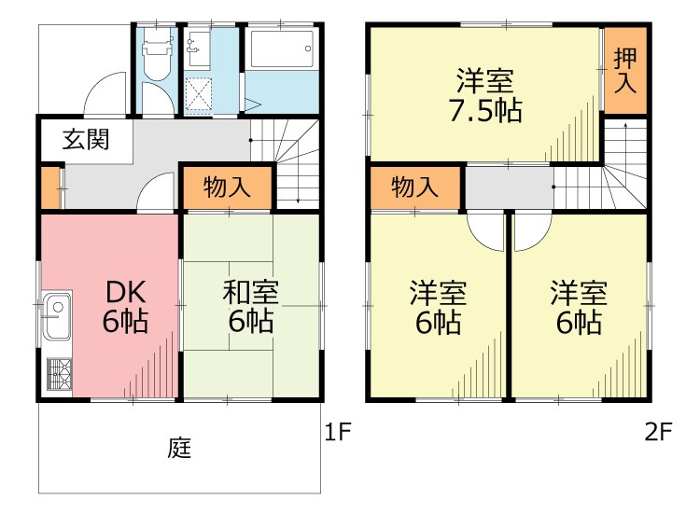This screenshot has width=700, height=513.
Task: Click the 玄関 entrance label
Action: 86,141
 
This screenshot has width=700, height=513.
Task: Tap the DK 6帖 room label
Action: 125,307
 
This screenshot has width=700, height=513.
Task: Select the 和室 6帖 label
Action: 248,307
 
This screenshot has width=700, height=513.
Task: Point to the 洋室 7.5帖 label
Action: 482,97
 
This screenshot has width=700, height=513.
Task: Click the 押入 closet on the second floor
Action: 624,71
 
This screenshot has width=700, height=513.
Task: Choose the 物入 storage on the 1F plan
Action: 227,187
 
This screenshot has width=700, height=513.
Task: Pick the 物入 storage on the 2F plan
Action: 415,187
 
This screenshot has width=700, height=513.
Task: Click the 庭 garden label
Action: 180,449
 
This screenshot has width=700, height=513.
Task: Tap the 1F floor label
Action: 338,432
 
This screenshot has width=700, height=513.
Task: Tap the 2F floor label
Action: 659,432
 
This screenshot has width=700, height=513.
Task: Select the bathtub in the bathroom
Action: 281,49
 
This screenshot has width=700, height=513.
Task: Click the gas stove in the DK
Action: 59,374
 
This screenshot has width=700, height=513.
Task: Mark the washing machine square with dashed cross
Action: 200,93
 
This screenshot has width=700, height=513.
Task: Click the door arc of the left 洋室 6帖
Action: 486,229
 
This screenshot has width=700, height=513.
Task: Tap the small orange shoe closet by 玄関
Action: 50,186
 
